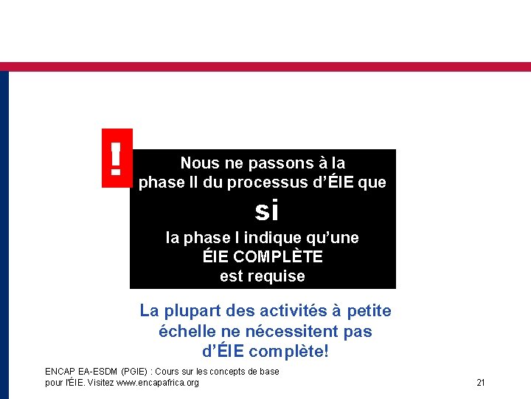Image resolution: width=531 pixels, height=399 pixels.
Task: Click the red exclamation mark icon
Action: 116,158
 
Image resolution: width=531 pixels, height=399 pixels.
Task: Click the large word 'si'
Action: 266,212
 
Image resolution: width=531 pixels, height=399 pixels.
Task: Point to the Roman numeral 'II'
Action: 193,182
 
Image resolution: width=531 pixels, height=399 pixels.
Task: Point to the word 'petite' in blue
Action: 368,312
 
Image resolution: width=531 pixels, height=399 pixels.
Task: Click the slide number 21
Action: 481,383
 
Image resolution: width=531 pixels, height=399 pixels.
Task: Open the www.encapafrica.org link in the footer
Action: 158,383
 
